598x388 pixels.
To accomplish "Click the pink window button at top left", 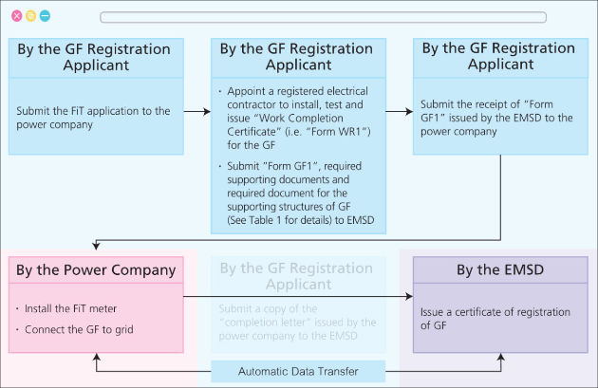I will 16,17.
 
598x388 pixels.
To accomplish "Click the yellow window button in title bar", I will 30,17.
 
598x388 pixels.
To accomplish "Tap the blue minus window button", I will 45,17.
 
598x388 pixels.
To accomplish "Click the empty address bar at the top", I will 323,17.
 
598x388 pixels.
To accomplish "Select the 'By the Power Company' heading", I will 95,270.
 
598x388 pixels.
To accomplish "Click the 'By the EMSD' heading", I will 499,270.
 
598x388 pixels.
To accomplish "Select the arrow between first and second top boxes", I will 196,111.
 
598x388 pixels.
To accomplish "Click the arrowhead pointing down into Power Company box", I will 96,248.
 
